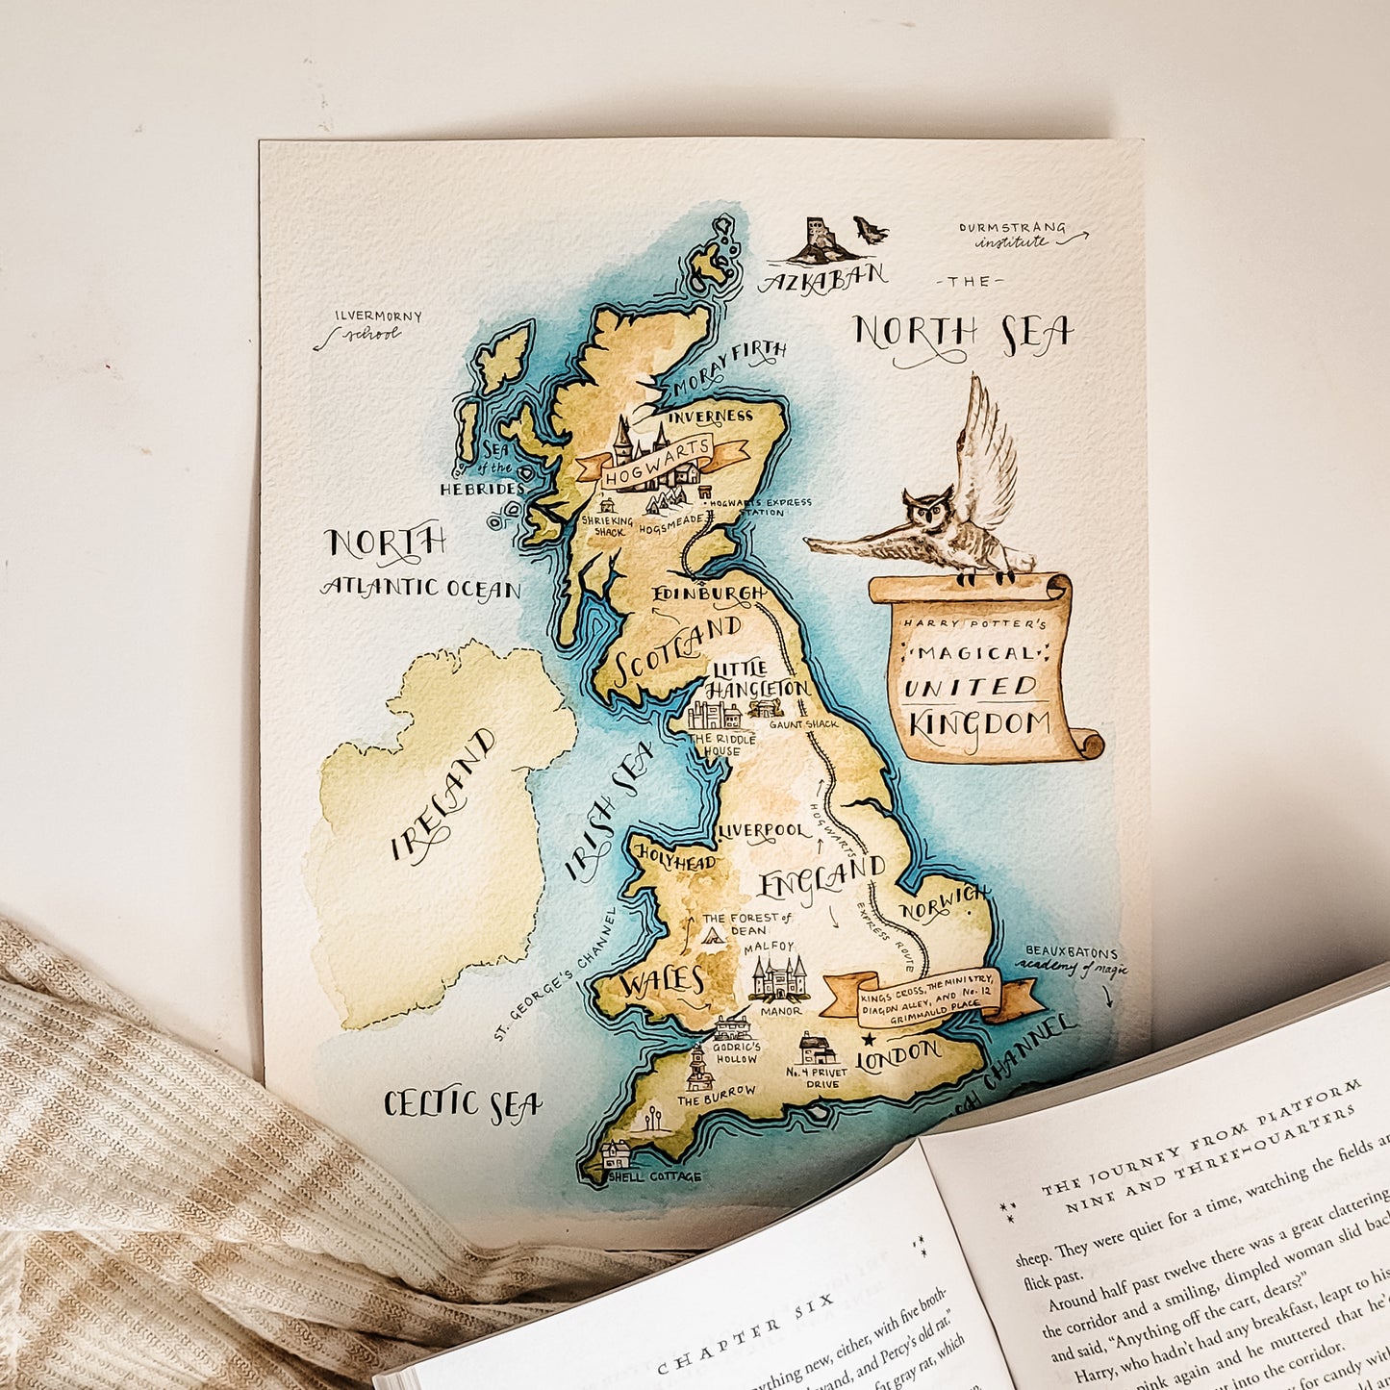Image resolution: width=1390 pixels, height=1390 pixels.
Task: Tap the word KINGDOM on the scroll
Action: [978, 724]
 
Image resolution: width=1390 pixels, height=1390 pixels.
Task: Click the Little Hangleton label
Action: [757, 678]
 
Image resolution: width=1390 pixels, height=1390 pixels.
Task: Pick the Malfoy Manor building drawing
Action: [777, 979]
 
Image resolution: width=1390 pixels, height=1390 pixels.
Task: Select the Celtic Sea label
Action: [462, 1105]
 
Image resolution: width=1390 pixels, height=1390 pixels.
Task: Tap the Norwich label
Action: [944, 902]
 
